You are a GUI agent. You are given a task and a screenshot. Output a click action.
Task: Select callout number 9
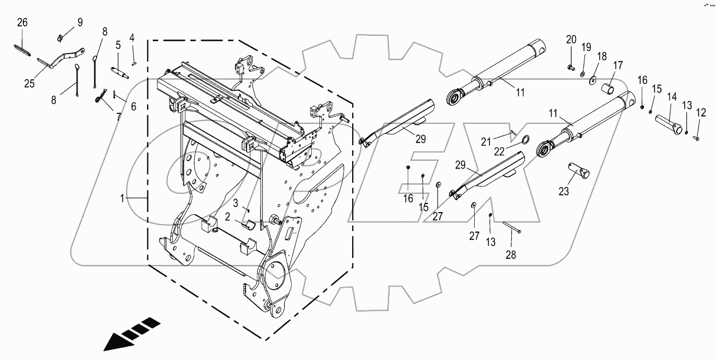click(x=80, y=22)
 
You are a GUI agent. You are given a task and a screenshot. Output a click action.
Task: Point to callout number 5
click(x=119, y=45)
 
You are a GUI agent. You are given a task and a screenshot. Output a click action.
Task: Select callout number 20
click(x=571, y=39)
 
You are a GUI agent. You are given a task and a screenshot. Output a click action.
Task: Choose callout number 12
click(x=701, y=112)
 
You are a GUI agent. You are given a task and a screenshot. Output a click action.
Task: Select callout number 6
click(x=133, y=106)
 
